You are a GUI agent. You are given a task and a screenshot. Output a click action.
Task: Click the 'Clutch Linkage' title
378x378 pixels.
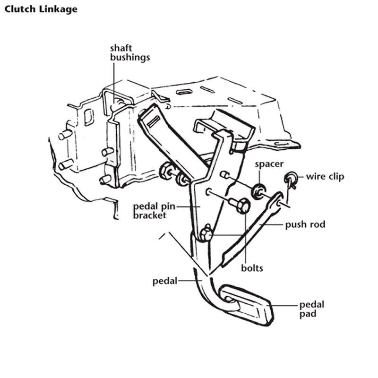[41, 9]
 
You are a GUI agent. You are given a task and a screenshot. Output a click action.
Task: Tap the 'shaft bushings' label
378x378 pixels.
[130, 53]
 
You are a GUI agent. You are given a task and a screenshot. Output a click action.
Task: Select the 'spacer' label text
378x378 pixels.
[269, 164]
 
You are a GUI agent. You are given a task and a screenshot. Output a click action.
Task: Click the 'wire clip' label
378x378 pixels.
[325, 176]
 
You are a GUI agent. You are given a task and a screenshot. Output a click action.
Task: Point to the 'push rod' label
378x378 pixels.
[305, 224]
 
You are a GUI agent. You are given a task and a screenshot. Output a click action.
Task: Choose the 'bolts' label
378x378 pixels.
[252, 268]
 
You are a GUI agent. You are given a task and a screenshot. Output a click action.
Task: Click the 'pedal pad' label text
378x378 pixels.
[312, 309]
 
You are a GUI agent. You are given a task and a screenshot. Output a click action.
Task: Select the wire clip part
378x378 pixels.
[291, 179]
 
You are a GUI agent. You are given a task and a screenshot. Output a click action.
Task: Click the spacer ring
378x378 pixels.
[258, 191]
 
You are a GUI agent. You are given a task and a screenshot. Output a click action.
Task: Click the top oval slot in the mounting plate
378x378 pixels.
[184, 92]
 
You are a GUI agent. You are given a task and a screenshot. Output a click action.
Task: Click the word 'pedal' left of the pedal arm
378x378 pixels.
[165, 281]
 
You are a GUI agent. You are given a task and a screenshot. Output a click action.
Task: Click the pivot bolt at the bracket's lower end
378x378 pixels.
[206, 233]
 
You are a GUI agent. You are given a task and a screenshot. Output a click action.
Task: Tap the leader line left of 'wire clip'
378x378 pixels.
[301, 177]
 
